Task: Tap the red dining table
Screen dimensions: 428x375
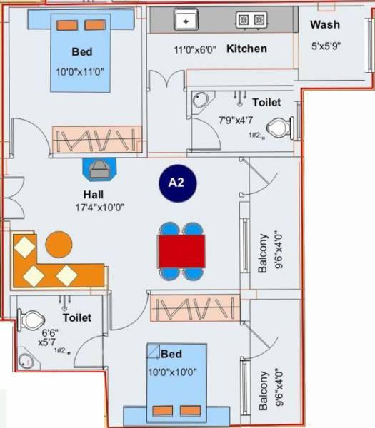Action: click(181, 251)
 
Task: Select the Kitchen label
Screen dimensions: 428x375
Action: click(246, 49)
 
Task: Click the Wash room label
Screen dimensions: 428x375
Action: click(325, 25)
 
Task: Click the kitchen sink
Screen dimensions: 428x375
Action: click(186, 21)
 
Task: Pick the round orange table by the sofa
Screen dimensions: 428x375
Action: click(59, 244)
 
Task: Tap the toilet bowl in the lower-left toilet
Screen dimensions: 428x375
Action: click(29, 320)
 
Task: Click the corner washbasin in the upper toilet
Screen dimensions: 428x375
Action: click(201, 100)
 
